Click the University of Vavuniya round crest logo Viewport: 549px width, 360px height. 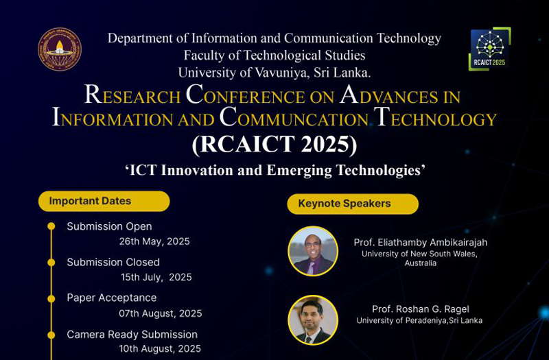60,49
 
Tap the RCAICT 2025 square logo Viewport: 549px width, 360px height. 489,49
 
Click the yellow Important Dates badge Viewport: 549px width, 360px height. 104,201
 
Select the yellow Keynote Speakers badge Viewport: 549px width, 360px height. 353,204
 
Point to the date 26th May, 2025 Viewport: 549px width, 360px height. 154,241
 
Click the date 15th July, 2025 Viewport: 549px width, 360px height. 156,277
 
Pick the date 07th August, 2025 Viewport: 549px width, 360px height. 161,313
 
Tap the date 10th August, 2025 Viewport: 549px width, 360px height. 160,349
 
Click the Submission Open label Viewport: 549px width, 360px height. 109,227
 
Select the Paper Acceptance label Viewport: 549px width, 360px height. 112,298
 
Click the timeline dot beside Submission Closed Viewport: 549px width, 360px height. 51,263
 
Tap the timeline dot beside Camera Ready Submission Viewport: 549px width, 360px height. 51,335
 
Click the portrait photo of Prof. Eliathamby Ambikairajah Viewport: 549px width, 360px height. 313,251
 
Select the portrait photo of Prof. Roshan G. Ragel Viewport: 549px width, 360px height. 313,320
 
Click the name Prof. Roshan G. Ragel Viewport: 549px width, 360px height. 421,309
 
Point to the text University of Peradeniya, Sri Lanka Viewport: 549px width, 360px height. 419,320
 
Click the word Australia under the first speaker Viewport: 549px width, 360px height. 421,263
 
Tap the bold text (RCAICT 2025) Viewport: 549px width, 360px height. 274,144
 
